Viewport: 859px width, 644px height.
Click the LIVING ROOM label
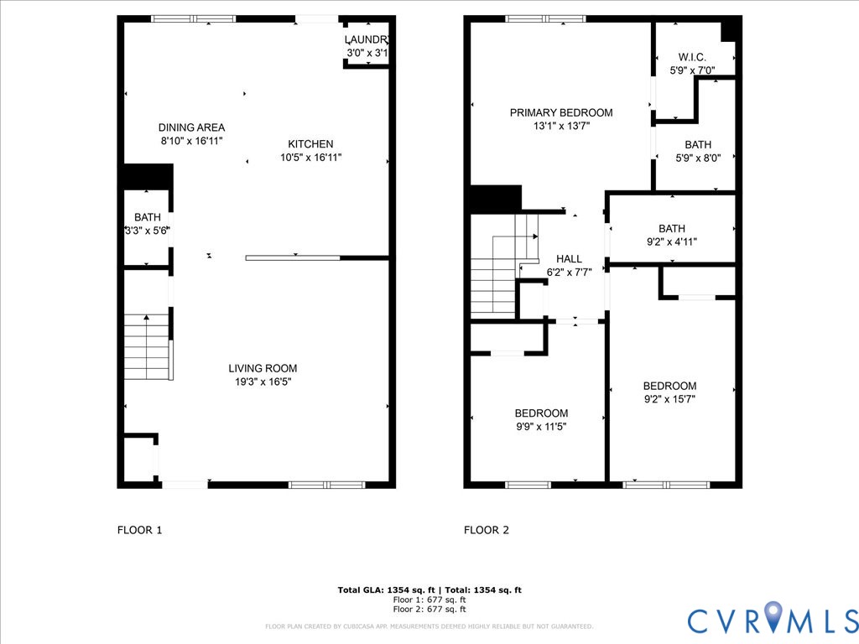[263, 368]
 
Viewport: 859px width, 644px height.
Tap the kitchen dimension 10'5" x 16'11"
[310, 158]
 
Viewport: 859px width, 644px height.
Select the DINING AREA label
[191, 127]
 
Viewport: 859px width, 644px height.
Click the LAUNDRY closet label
[367, 40]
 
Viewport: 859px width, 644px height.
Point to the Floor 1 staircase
[148, 346]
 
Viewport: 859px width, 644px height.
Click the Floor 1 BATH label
[147, 217]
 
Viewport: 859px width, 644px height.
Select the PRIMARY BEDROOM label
[561, 112]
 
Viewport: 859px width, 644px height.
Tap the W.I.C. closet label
[692, 57]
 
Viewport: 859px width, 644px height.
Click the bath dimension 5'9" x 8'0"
[697, 158]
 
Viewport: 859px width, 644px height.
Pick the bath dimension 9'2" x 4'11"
[671, 241]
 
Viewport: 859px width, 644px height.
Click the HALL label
[568, 259]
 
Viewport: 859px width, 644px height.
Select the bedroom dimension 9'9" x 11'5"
[541, 426]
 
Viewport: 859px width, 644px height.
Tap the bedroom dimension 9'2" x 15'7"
[669, 399]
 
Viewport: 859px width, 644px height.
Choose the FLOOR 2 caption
[487, 530]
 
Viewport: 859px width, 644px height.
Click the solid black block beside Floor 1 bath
[147, 176]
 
